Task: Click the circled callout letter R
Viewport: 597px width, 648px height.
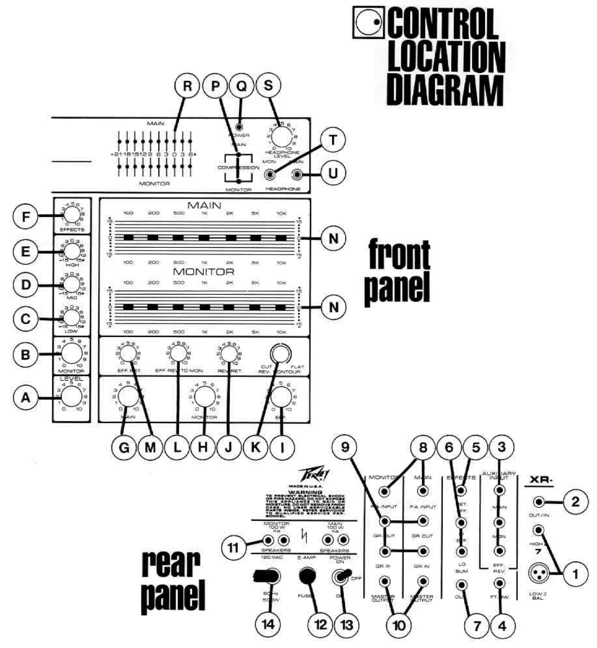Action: pos(185,87)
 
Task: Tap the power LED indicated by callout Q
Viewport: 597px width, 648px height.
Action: pos(241,127)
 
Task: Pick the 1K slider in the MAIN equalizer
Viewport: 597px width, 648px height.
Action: pos(204,237)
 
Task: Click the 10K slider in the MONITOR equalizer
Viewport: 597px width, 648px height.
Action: pos(280,307)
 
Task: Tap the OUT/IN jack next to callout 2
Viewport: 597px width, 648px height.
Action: pos(539,501)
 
